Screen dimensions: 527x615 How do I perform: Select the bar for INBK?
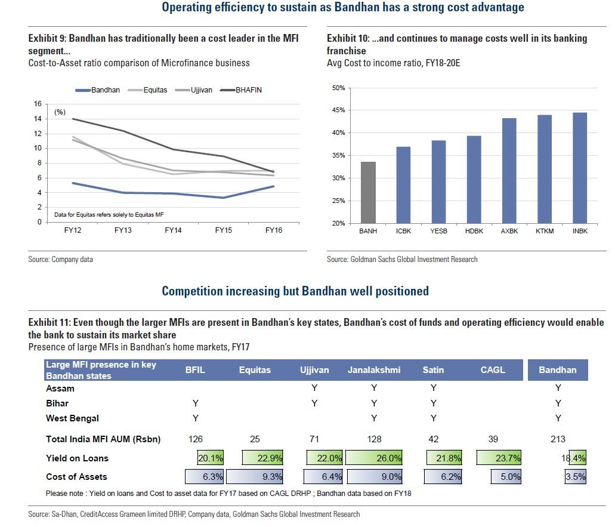coord(580,168)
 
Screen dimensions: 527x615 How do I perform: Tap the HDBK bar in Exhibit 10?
coord(473,180)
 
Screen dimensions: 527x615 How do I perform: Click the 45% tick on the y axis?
coord(338,111)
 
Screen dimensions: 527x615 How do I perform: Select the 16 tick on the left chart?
coord(38,104)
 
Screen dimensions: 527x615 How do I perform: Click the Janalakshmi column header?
coord(373,370)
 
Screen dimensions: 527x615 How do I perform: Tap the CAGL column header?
coord(493,370)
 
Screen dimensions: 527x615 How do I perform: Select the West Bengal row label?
coord(72,418)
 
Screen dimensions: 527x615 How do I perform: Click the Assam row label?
coord(60,389)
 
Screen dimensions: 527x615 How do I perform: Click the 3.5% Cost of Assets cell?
coord(576,477)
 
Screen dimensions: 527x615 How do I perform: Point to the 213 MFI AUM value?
coord(558,439)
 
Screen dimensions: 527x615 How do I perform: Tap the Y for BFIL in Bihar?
coord(196,403)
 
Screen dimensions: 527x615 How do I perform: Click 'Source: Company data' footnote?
coord(60,260)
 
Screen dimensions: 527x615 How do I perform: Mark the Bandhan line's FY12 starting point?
coord(73,183)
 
